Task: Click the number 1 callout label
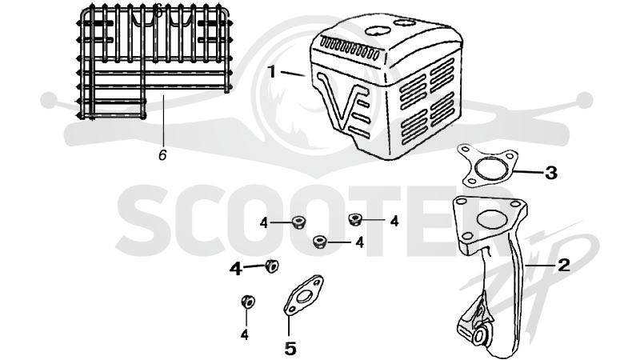271,72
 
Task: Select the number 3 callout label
551,173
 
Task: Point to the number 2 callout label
563,265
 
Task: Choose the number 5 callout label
290,349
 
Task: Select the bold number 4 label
235,269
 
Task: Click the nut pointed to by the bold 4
271,266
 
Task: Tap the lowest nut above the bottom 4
248,302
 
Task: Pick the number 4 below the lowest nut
244,334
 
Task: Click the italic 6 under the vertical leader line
162,155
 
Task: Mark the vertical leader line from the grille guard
163,121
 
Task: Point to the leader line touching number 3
530,172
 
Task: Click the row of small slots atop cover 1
350,49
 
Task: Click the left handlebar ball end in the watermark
49,101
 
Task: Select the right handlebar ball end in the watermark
584,101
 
